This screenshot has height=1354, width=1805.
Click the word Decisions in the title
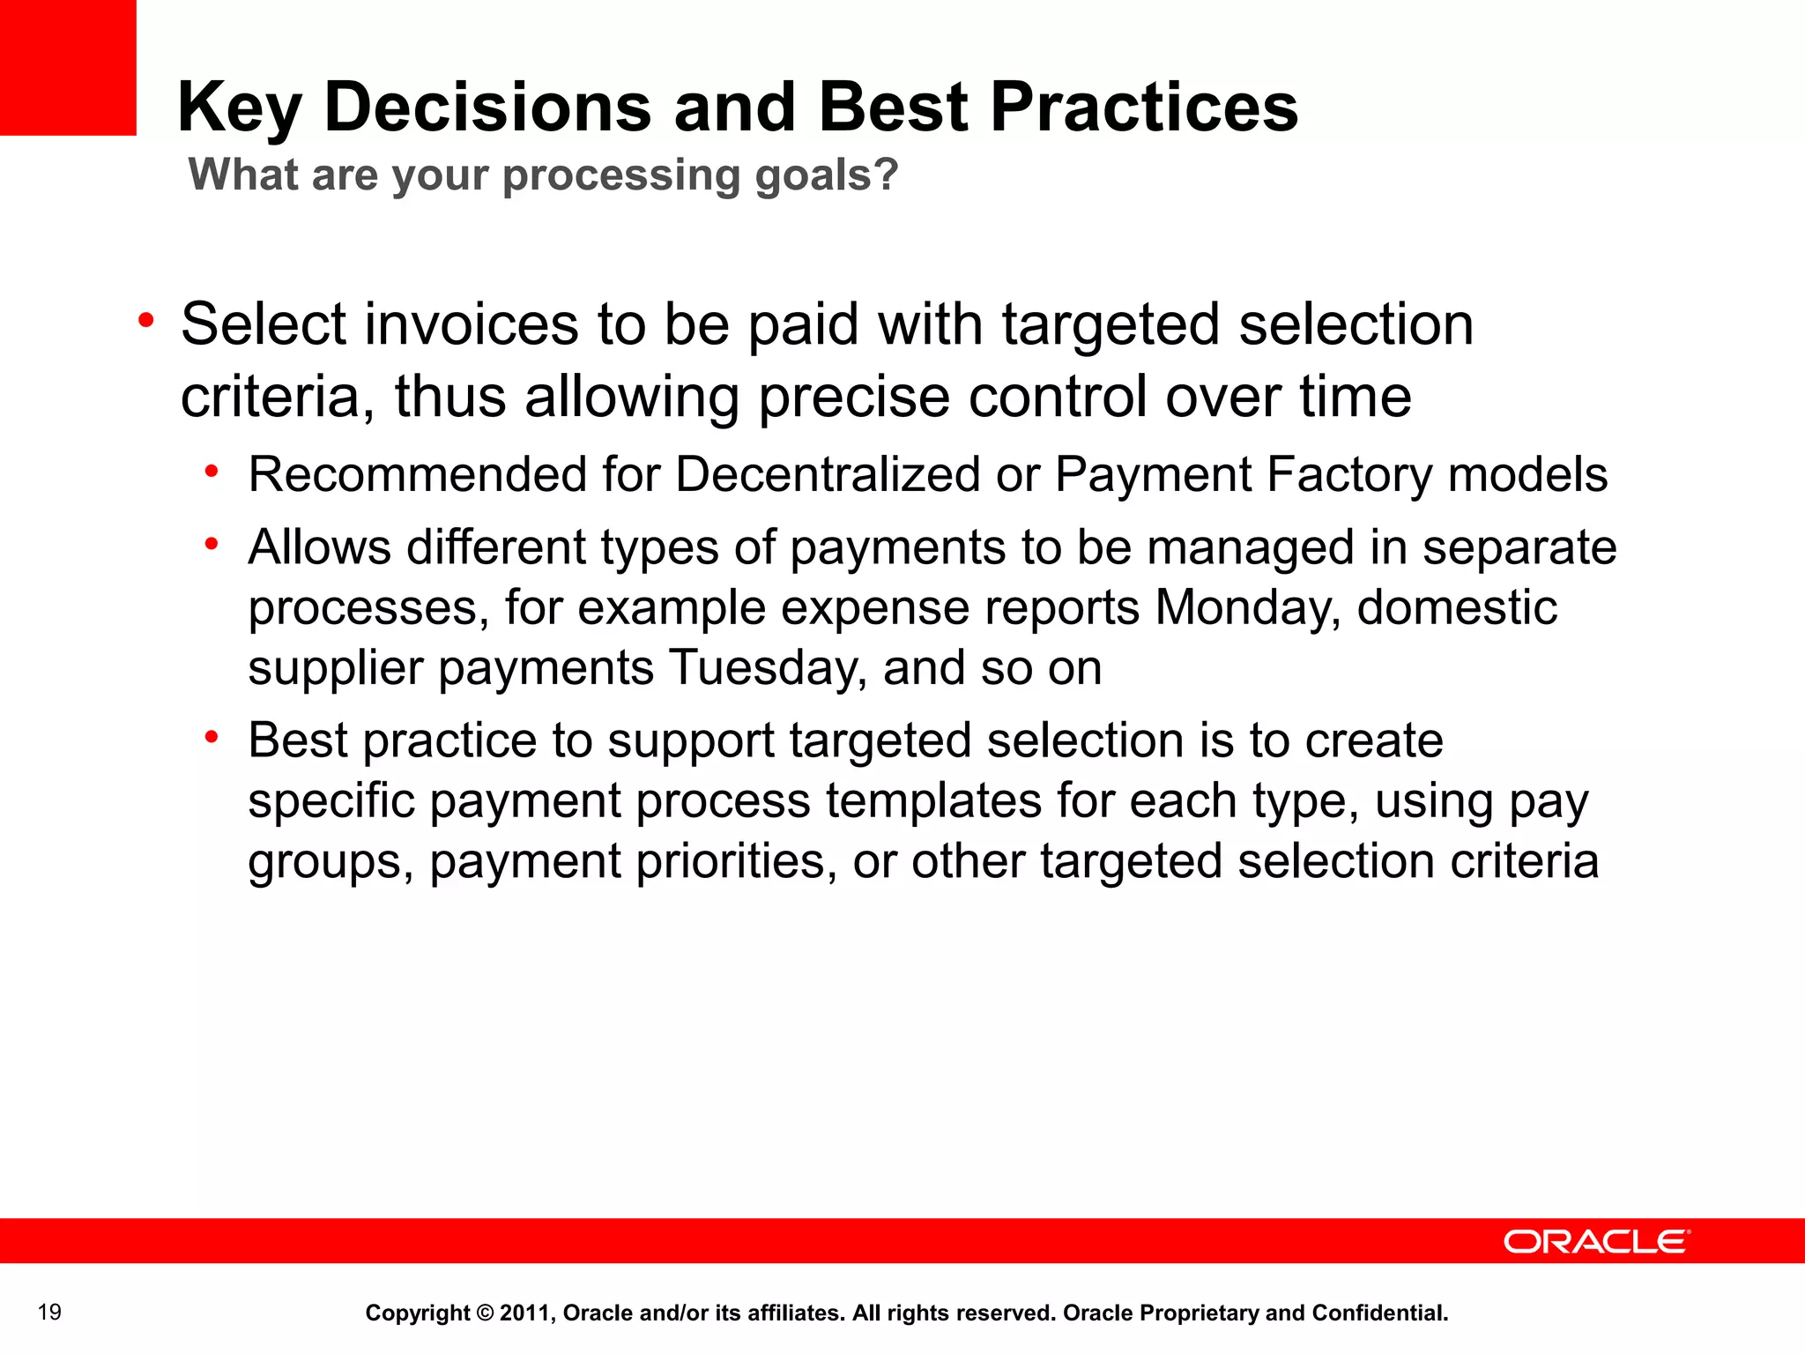487,108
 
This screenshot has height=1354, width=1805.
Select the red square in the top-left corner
68,67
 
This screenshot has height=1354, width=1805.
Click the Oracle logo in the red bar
1596,1242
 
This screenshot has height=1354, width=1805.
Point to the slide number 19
50,1312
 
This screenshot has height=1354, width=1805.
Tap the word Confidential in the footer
1379,1313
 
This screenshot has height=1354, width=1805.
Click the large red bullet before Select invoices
146,321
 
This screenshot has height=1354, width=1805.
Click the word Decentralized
828,475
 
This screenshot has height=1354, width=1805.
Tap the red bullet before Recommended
212,472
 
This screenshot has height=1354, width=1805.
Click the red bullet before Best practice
212,738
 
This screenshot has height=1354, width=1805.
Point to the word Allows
319,547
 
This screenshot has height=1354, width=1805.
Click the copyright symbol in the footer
485,1313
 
